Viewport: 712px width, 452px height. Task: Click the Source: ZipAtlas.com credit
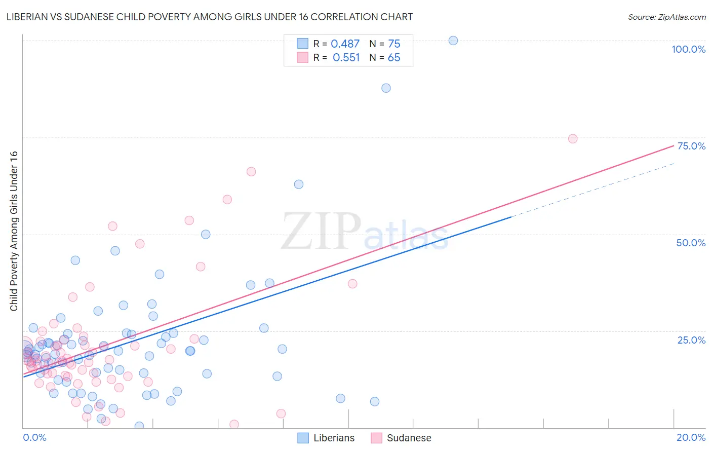(x=666, y=17)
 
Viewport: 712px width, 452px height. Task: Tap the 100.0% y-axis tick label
(x=688, y=49)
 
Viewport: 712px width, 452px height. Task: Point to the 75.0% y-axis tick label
(x=691, y=146)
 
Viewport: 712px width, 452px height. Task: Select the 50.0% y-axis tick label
(x=691, y=243)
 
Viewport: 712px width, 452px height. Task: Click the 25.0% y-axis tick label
(x=691, y=340)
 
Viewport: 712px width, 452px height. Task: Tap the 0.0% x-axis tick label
(x=34, y=437)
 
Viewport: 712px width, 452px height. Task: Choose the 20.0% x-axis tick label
(x=691, y=437)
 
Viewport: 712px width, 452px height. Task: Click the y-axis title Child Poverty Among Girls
(x=14, y=231)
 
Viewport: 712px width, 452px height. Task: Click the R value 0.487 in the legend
(x=345, y=44)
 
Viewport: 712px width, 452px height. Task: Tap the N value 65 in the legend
(x=393, y=58)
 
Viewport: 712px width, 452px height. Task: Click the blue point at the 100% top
(x=453, y=41)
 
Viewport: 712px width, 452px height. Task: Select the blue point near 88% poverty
(x=386, y=88)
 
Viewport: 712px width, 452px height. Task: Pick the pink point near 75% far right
(x=573, y=139)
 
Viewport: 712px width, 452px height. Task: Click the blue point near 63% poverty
(x=299, y=184)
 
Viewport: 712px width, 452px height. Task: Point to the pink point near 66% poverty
(x=251, y=172)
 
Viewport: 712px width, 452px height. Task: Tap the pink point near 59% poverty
(x=227, y=200)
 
